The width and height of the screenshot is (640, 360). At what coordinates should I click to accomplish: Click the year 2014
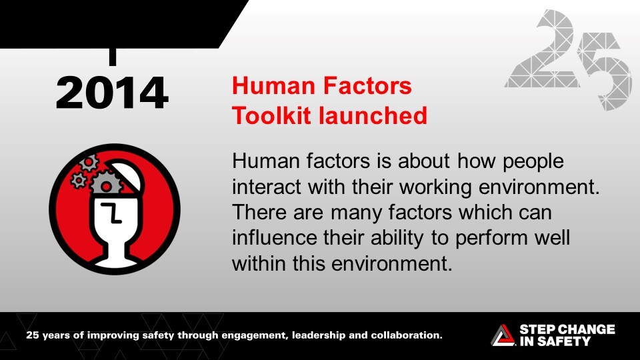pos(111,93)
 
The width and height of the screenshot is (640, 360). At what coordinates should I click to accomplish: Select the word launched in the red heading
pos(373,115)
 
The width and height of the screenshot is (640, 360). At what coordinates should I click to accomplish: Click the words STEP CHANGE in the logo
pos(566,329)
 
